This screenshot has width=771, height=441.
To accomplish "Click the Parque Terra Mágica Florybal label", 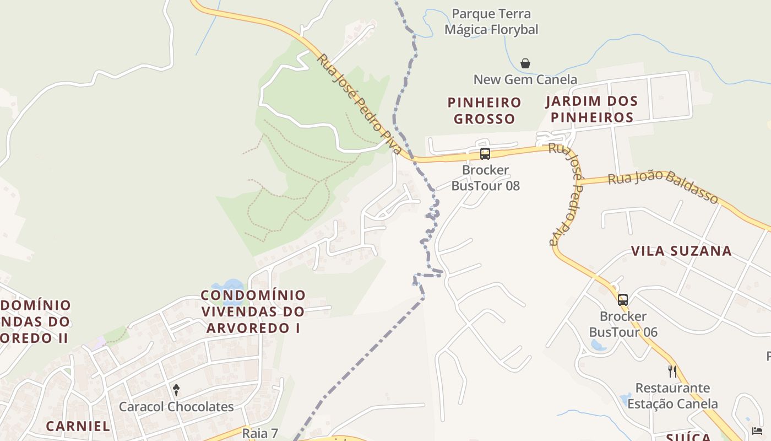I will click(491, 21).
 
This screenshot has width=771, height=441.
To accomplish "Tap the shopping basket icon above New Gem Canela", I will click(525, 63).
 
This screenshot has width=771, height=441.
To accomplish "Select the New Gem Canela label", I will click(525, 79).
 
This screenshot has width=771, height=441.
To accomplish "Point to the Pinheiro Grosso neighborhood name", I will click(485, 110).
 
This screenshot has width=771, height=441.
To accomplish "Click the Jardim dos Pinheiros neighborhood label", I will click(592, 109).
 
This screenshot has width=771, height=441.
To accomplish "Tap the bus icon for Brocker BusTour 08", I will click(485, 154).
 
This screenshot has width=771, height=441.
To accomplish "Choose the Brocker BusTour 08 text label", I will click(486, 178).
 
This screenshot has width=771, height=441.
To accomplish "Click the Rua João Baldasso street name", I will click(664, 187).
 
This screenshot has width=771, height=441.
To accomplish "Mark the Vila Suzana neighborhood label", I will click(681, 251).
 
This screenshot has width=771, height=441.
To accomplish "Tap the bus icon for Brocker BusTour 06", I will click(623, 300).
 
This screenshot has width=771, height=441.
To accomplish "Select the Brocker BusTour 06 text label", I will click(623, 324).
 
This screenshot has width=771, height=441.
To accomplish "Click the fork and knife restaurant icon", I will click(672, 371).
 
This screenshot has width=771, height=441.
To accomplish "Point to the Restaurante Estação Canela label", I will click(672, 396).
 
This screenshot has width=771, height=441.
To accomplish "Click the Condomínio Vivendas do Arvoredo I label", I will click(253, 311).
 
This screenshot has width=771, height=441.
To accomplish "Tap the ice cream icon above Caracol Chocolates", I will click(176, 390).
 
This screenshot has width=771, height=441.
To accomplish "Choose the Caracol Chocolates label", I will click(176, 407).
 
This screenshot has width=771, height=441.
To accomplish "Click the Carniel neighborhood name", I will click(78, 426).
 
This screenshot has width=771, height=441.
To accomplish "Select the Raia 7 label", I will click(260, 433).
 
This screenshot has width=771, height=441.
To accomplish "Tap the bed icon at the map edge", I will click(757, 431).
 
